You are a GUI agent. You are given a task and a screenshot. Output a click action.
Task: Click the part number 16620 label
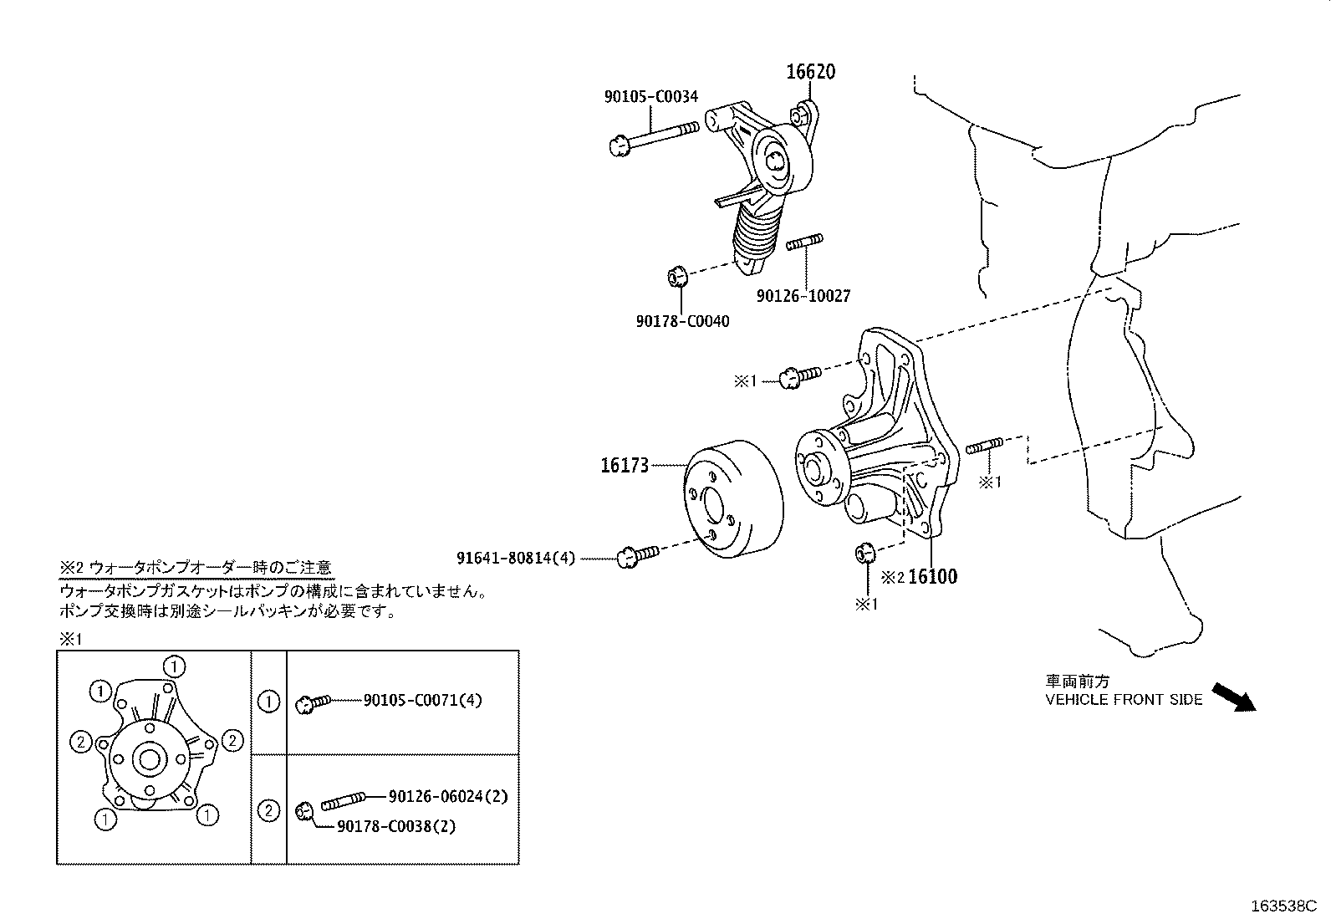(x=810, y=72)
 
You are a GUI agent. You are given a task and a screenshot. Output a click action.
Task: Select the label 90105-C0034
(x=651, y=97)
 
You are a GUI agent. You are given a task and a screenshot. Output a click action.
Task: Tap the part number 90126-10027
(x=803, y=295)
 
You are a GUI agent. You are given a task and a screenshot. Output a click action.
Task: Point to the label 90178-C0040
(x=682, y=321)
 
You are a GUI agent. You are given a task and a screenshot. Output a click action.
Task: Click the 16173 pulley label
(x=624, y=466)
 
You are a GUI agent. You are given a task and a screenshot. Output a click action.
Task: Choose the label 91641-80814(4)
(x=516, y=557)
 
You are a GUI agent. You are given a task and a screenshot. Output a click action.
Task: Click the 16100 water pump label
(x=932, y=576)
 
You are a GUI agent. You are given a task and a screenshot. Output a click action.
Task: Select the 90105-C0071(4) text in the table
(x=422, y=701)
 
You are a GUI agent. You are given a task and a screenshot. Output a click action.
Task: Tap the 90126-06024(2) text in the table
(x=448, y=797)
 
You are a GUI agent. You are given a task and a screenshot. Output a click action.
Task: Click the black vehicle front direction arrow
(x=1234, y=697)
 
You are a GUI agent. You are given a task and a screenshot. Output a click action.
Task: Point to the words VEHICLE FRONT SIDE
(x=1124, y=700)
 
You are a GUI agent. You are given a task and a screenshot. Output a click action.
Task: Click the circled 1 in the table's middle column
(x=268, y=702)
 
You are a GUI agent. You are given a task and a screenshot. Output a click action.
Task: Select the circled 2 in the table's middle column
(x=268, y=810)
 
